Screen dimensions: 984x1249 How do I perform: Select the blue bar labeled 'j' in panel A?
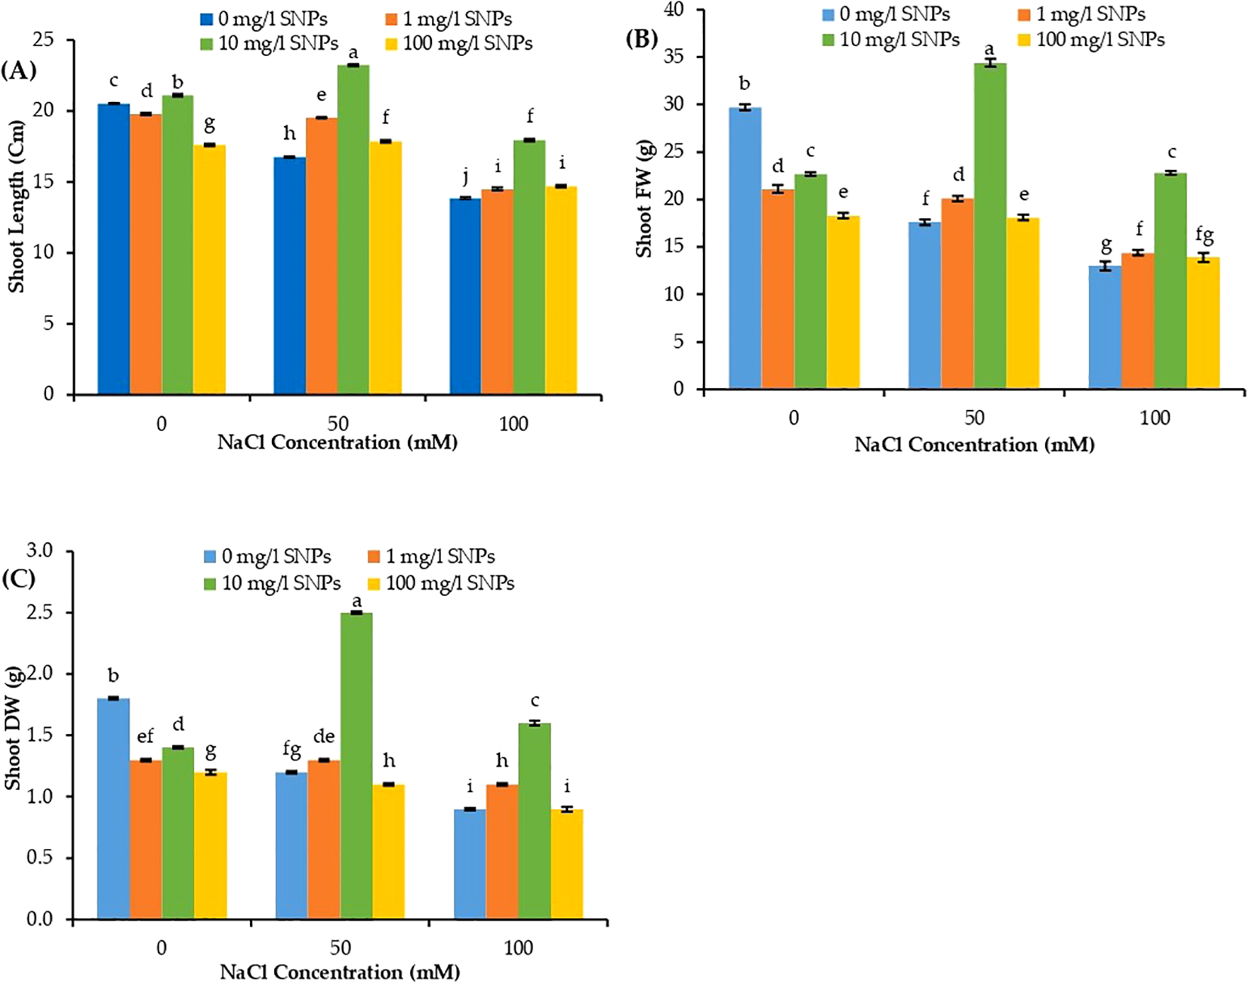465,295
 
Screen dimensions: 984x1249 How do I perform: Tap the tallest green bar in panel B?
989,226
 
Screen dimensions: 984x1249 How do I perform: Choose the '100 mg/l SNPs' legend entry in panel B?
1090,39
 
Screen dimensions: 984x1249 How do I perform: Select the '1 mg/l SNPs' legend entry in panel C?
432,557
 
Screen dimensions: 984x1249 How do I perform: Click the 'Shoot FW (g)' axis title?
643,199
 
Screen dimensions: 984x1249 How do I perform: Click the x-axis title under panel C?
340,972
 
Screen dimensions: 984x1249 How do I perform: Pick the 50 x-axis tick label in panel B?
974,418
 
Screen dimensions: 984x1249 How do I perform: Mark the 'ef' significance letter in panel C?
145,736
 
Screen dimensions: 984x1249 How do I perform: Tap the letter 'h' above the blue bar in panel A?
289,134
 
